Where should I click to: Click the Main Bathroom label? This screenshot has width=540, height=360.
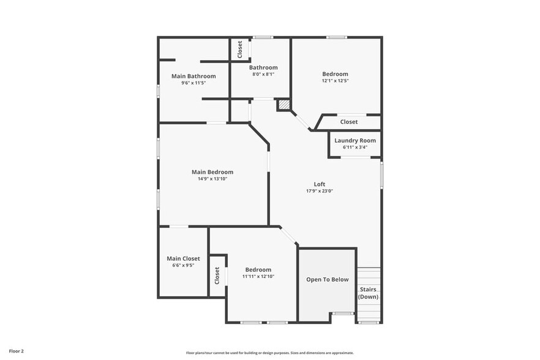point(193,76)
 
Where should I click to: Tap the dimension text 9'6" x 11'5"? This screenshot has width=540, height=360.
point(193,83)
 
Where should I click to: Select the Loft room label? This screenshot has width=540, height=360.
point(320,184)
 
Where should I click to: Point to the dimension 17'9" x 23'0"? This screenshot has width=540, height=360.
point(320,190)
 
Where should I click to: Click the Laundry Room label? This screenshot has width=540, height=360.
point(355,140)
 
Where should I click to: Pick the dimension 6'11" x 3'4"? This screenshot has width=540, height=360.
point(355,147)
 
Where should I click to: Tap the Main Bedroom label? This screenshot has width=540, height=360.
point(212,172)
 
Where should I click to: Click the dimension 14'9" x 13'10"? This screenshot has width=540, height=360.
point(212,179)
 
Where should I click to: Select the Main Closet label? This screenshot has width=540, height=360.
point(183,258)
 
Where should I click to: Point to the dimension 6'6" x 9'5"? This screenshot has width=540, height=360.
point(183,265)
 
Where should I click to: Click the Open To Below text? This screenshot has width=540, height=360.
point(328,279)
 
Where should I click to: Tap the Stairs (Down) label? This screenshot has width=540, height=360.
point(368,293)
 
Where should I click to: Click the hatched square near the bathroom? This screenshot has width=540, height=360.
point(284,105)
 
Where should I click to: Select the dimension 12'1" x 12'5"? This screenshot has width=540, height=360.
point(335,81)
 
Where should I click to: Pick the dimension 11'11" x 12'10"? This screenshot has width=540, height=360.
point(258,276)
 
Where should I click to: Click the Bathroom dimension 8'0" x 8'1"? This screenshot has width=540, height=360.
point(263,74)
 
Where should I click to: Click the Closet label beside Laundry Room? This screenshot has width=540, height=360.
point(349,122)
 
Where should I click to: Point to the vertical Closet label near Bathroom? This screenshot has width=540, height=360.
point(240,49)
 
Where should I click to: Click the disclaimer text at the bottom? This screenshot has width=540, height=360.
point(270,353)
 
